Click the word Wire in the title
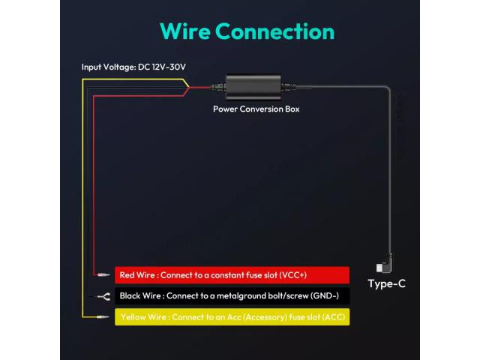click(x=185, y=31)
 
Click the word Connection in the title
click(x=275, y=31)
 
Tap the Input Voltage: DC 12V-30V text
click(x=133, y=67)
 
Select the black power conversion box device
click(x=253, y=87)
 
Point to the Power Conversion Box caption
click(x=256, y=109)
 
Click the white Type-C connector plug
click(x=379, y=268)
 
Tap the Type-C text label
click(x=387, y=283)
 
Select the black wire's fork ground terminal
click(x=104, y=296)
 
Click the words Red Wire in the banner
click(x=137, y=275)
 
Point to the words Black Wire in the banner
click(x=140, y=295)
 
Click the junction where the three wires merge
click(x=189, y=88)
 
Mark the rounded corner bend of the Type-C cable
click(x=388, y=88)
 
